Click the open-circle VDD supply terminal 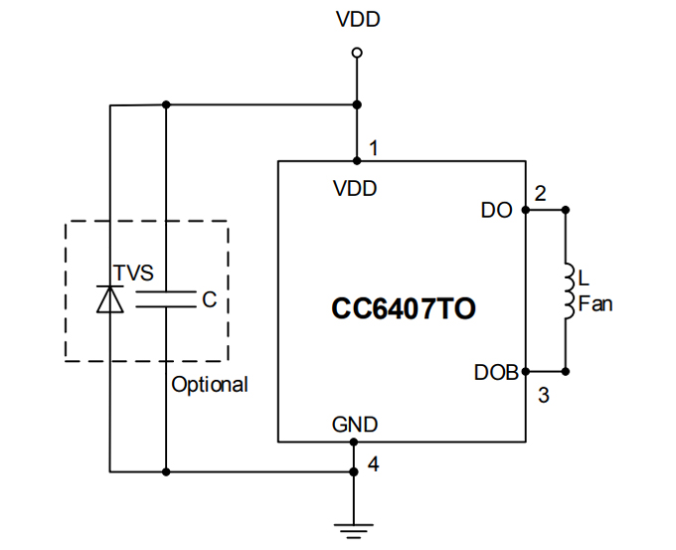[x=357, y=53]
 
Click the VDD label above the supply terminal [x=358, y=19]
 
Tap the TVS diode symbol [x=108, y=299]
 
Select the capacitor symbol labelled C [x=165, y=299]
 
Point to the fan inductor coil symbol [x=567, y=292]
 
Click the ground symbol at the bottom [x=353, y=528]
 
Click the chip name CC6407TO [x=403, y=310]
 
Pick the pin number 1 [x=373, y=149]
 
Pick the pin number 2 [x=540, y=194]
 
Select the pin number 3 [x=543, y=395]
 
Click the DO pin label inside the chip [x=496, y=210]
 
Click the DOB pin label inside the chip [x=495, y=373]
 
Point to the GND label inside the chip [x=355, y=425]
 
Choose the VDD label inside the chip [x=355, y=188]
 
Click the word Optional [x=210, y=385]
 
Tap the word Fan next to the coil [x=594, y=304]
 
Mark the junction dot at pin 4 [x=353, y=470]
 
